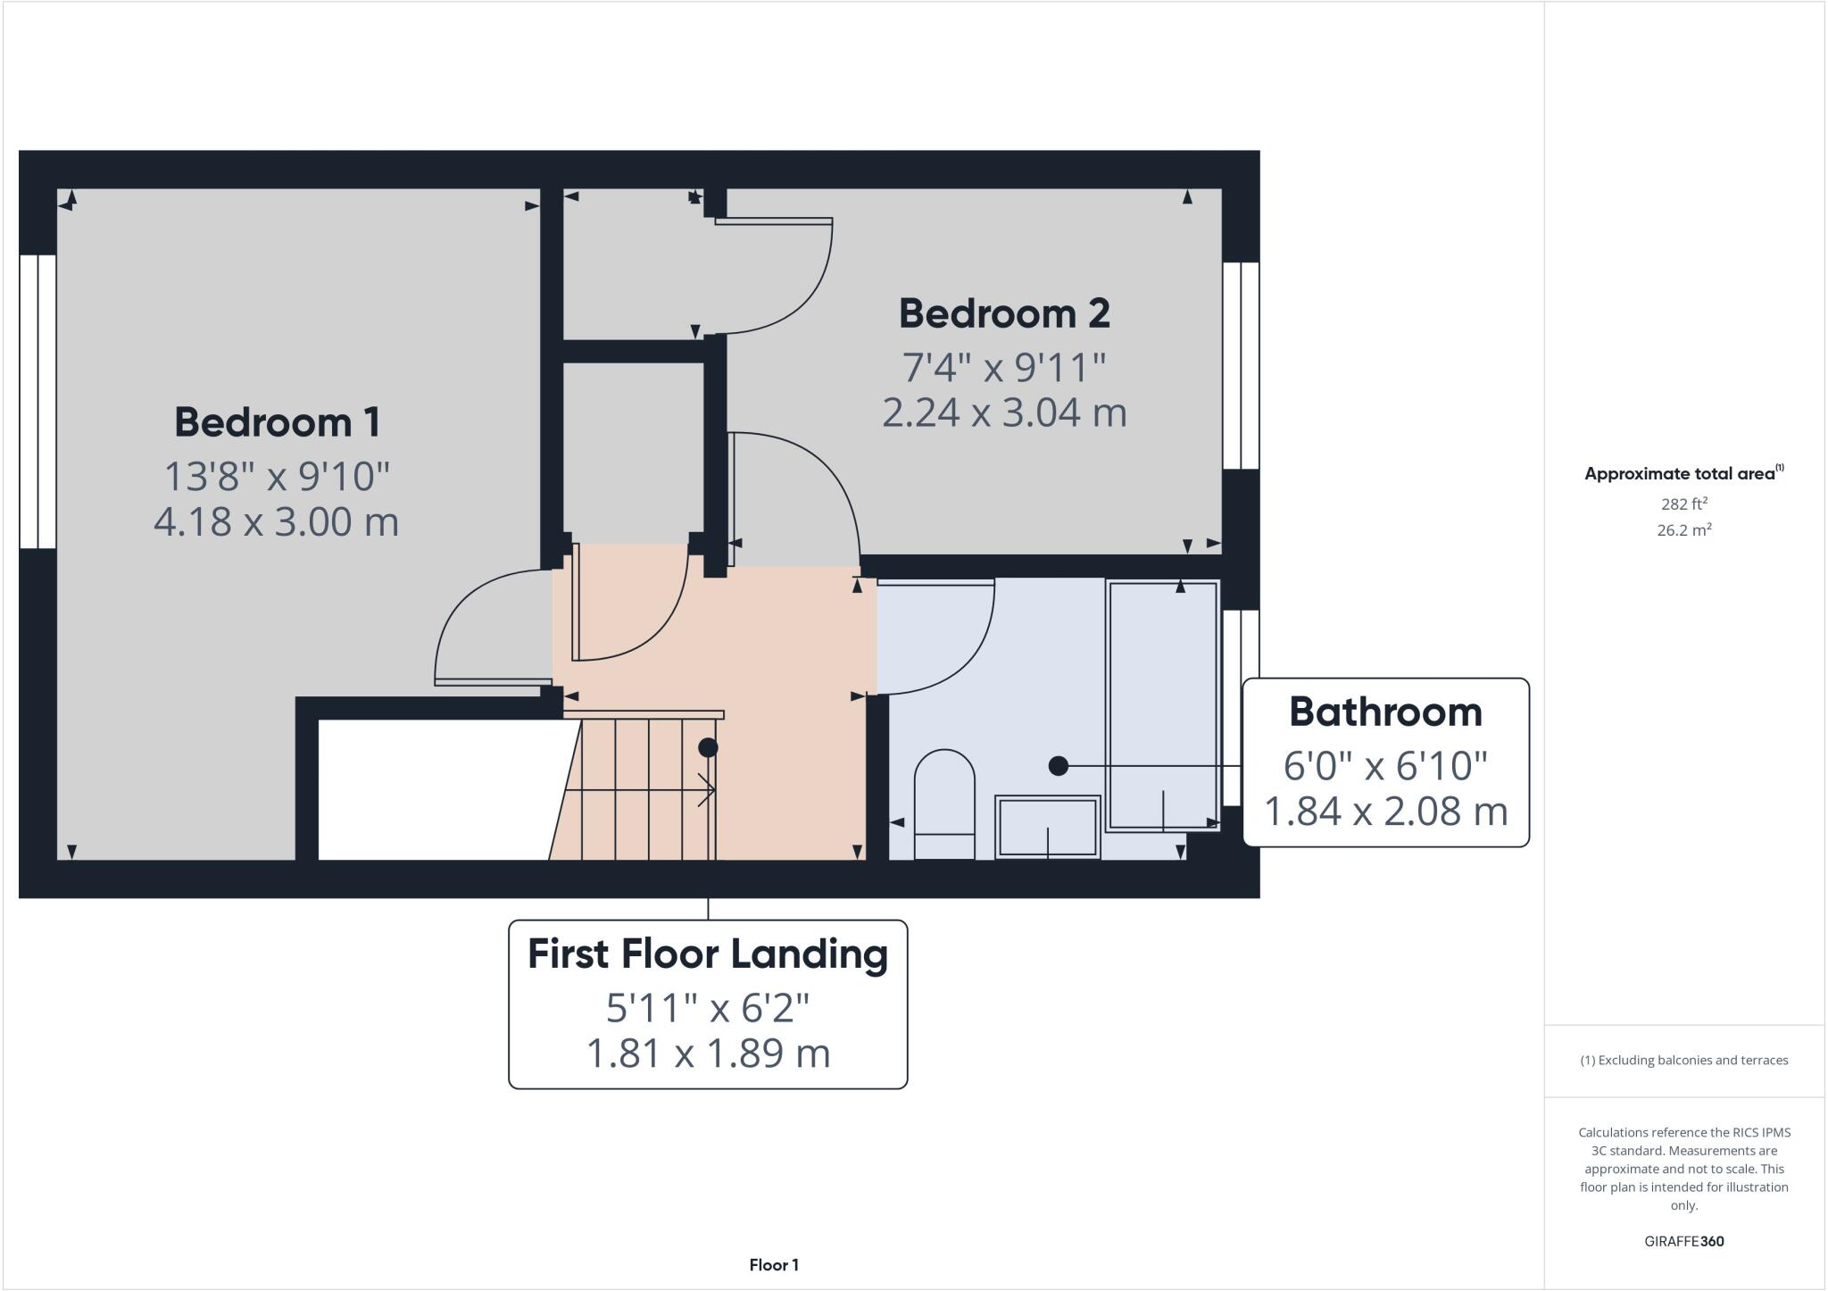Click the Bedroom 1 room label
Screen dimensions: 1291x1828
(x=277, y=422)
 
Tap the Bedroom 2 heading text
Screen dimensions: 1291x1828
(x=1003, y=313)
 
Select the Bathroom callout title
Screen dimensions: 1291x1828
(x=1385, y=712)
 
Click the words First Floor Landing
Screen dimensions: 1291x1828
(x=707, y=954)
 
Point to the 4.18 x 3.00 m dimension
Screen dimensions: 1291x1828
(x=277, y=521)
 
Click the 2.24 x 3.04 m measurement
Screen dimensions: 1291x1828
(x=1003, y=412)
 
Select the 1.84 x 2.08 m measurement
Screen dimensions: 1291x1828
(x=1385, y=811)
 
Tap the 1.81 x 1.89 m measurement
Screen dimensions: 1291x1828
(x=707, y=1053)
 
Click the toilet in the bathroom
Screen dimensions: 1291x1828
(x=944, y=804)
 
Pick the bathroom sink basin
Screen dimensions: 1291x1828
(x=1047, y=827)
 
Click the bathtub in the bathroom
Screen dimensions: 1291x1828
(x=1162, y=705)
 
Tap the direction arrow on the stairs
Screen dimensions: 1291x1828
(x=705, y=790)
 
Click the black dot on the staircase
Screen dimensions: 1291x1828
(x=708, y=747)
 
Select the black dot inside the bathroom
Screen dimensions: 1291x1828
(x=1058, y=765)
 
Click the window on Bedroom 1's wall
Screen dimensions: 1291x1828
(x=37, y=402)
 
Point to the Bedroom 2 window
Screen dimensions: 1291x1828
(x=1241, y=365)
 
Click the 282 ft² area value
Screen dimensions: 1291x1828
(x=1683, y=504)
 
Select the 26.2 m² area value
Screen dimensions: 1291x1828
(x=1683, y=530)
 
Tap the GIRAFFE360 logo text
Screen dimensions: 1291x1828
(x=1683, y=1241)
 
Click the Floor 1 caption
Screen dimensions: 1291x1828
(x=773, y=1264)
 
